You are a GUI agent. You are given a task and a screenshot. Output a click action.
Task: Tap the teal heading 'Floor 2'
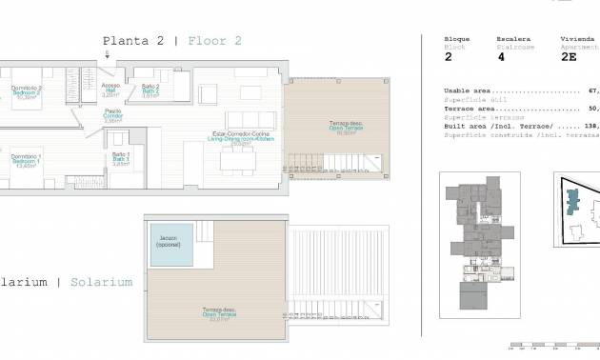click(x=214, y=41)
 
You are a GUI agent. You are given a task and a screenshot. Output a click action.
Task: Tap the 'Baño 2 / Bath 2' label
click(x=150, y=90)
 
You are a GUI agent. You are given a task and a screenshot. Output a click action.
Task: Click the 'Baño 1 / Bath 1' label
click(x=120, y=158)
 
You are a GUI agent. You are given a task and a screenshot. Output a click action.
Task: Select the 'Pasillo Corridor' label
click(x=112, y=116)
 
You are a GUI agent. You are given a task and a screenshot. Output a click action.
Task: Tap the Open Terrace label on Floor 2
click(x=339, y=129)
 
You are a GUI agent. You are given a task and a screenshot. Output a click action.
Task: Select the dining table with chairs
click(x=237, y=162)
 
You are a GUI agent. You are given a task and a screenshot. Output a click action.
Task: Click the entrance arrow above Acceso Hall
click(x=108, y=55)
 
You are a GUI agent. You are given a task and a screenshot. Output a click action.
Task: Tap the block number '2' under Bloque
click(x=448, y=57)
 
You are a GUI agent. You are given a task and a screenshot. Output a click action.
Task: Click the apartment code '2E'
click(x=568, y=57)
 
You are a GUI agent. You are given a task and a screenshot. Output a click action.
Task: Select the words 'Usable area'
click(x=467, y=91)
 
